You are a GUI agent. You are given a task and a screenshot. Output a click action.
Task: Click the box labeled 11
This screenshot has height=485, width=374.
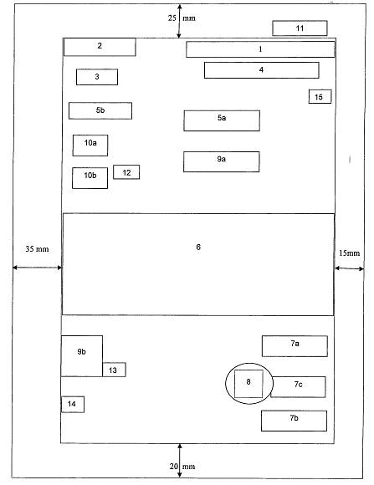click(x=300, y=28)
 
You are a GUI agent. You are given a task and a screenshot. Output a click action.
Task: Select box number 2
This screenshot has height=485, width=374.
click(x=100, y=47)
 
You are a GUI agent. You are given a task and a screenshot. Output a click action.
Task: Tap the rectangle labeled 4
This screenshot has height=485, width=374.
click(x=262, y=70)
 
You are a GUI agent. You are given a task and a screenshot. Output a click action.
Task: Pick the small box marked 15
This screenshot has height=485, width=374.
click(x=320, y=96)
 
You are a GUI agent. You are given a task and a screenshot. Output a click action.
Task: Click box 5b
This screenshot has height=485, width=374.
click(x=100, y=110)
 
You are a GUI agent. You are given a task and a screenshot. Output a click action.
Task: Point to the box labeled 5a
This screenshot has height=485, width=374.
click(x=222, y=120)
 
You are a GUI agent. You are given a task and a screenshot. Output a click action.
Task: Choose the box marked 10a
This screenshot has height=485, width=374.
click(x=90, y=145)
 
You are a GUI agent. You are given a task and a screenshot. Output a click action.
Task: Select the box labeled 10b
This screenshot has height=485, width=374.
click(x=90, y=178)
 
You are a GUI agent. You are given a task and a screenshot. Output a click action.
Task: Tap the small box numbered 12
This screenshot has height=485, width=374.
click(x=126, y=172)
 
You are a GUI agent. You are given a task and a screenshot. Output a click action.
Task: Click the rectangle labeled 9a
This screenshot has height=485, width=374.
click(x=222, y=161)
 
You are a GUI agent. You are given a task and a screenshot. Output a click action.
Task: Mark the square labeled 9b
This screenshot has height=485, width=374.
click(x=82, y=356)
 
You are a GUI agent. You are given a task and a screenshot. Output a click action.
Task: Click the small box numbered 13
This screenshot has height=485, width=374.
click(x=114, y=370)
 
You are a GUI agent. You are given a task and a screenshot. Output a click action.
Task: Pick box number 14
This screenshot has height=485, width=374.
click(x=73, y=404)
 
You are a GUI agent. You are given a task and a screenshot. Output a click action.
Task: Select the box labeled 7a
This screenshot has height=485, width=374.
click(x=295, y=346)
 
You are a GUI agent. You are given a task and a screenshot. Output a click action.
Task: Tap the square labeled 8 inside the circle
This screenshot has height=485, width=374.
click(x=248, y=384)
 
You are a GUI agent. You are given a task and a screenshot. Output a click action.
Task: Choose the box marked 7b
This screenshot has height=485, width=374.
click(x=295, y=421)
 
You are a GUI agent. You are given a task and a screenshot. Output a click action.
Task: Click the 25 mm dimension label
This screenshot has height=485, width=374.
click(x=182, y=18)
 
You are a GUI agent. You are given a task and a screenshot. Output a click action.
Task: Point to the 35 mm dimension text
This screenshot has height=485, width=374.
click(x=37, y=249)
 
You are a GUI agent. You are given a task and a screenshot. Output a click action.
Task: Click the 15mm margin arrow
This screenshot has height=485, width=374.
click(x=349, y=268)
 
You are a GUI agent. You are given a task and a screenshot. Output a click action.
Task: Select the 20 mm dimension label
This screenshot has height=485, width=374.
click(x=182, y=467)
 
